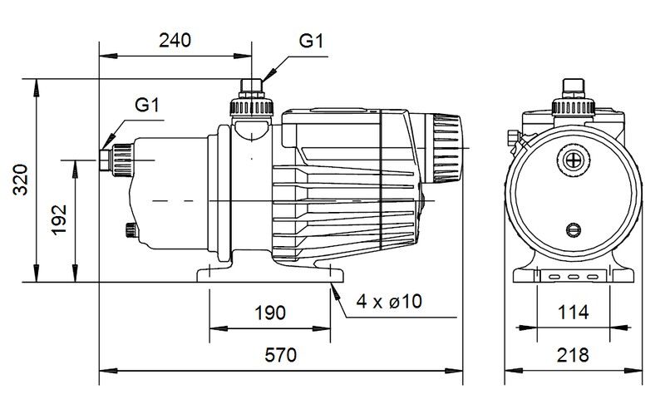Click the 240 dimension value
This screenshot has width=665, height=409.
pyautogui.click(x=175, y=40)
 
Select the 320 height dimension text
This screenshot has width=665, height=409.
pyautogui.click(x=20, y=180)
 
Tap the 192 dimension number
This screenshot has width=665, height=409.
pyautogui.click(x=59, y=219)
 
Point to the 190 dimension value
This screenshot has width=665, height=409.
pyautogui.click(x=269, y=313)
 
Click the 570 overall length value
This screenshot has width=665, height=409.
pyautogui.click(x=280, y=355)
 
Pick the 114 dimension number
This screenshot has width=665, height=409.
pyautogui.click(x=573, y=313)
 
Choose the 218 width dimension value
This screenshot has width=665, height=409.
pyautogui.click(x=573, y=355)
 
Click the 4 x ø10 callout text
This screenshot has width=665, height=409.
pyautogui.click(x=389, y=302)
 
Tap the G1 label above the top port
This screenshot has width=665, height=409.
pyautogui.click(x=311, y=41)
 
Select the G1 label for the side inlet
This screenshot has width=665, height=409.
pyautogui.click(x=147, y=105)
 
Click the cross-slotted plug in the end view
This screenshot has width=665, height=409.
pyautogui.click(x=574, y=160)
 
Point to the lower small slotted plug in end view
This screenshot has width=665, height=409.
pyautogui.click(x=574, y=229)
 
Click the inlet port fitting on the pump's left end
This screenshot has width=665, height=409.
pyautogui.click(x=116, y=160)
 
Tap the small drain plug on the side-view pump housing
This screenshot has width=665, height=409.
pyautogui.click(x=132, y=230)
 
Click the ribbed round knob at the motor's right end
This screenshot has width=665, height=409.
pyautogui.click(x=446, y=148)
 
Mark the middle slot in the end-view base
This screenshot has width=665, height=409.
pyautogui.click(x=574, y=277)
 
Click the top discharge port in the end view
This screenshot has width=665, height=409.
pyautogui.click(x=574, y=97)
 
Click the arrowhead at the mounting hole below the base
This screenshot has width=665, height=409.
pyautogui.click(x=335, y=292)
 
